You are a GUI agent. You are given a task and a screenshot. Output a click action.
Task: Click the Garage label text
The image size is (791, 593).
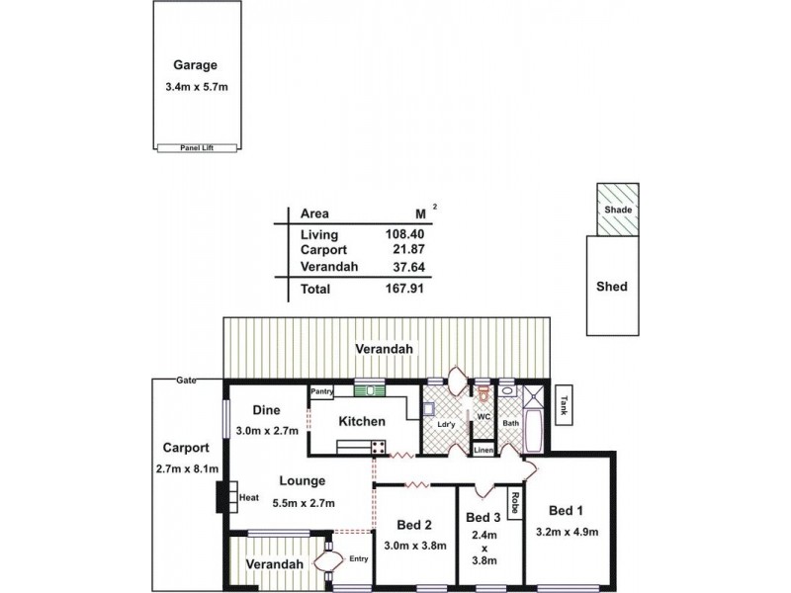coord(196,66)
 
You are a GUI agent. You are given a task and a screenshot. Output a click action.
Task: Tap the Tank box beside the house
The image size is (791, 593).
coord(563,404)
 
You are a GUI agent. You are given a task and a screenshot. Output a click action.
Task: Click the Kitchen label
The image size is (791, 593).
coord(361,422)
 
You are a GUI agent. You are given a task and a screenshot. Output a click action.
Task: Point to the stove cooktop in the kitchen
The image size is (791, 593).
coord(378,448)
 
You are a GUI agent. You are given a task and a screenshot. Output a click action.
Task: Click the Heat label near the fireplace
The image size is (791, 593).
coord(248,498)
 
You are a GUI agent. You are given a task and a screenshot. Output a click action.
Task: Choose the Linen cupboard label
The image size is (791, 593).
coord(483,451)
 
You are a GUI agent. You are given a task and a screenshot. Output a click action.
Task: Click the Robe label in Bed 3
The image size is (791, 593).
coord(514,505)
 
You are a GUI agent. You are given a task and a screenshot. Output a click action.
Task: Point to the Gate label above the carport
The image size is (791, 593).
coord(184,381)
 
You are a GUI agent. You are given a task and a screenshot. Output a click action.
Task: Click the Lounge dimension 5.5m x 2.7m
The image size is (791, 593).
coord(302,503)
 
